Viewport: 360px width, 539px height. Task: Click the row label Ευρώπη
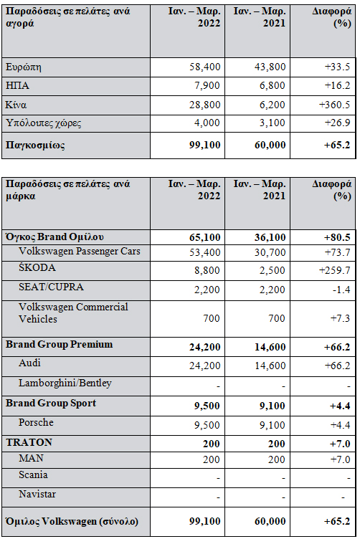click(x=24, y=67)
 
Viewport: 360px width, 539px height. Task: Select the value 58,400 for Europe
click(x=204, y=67)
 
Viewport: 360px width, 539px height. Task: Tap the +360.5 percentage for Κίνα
click(x=335, y=105)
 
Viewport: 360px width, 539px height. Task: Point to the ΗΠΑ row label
click(x=17, y=85)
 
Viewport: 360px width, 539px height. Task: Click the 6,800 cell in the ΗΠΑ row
click(x=272, y=85)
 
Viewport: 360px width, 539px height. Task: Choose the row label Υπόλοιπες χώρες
click(x=43, y=123)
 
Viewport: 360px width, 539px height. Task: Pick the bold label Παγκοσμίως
click(x=35, y=145)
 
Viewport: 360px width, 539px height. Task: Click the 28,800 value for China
click(x=204, y=105)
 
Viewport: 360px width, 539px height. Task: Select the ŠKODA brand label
click(x=37, y=267)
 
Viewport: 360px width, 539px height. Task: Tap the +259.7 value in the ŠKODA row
click(x=335, y=270)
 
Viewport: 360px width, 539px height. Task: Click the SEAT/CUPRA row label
click(x=51, y=287)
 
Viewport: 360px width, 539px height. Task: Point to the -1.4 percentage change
click(x=341, y=290)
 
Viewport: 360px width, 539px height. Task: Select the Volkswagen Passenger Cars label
click(x=80, y=252)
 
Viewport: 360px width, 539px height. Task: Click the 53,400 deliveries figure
click(x=204, y=252)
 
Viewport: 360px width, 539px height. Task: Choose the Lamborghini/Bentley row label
click(x=65, y=383)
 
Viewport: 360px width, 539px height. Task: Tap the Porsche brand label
click(x=36, y=422)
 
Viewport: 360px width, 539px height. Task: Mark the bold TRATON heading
click(x=29, y=442)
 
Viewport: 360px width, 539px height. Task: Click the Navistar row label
click(x=37, y=495)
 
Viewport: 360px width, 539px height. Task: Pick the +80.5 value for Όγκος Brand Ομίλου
click(x=337, y=237)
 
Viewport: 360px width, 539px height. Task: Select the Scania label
click(x=34, y=474)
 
